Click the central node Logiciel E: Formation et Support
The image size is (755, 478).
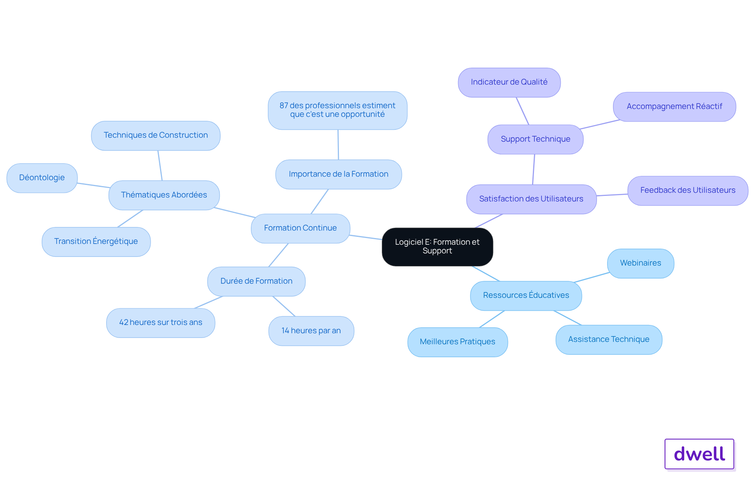coord(437,247)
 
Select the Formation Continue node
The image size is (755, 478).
coord(300,228)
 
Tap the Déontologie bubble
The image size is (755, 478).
coord(42,178)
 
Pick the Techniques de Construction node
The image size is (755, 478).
coord(156,135)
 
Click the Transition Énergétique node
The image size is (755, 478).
coord(96,242)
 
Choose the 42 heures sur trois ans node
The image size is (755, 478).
coord(161,323)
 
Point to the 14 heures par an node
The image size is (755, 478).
coord(311,331)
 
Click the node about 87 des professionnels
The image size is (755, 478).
coord(337,110)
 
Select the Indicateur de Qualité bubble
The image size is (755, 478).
coord(509,82)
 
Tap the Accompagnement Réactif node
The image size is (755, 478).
coord(674,107)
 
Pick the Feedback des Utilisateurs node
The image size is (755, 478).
coord(688,190)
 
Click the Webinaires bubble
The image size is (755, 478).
coord(641,263)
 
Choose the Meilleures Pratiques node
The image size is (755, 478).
coord(458,342)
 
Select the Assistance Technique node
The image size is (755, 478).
coord(609,340)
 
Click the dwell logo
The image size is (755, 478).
coord(700,454)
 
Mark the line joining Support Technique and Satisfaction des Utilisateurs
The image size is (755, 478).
coord(534,169)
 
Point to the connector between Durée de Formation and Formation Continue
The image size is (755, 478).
coord(278,255)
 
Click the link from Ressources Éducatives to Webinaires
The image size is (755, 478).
coord(592,277)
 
